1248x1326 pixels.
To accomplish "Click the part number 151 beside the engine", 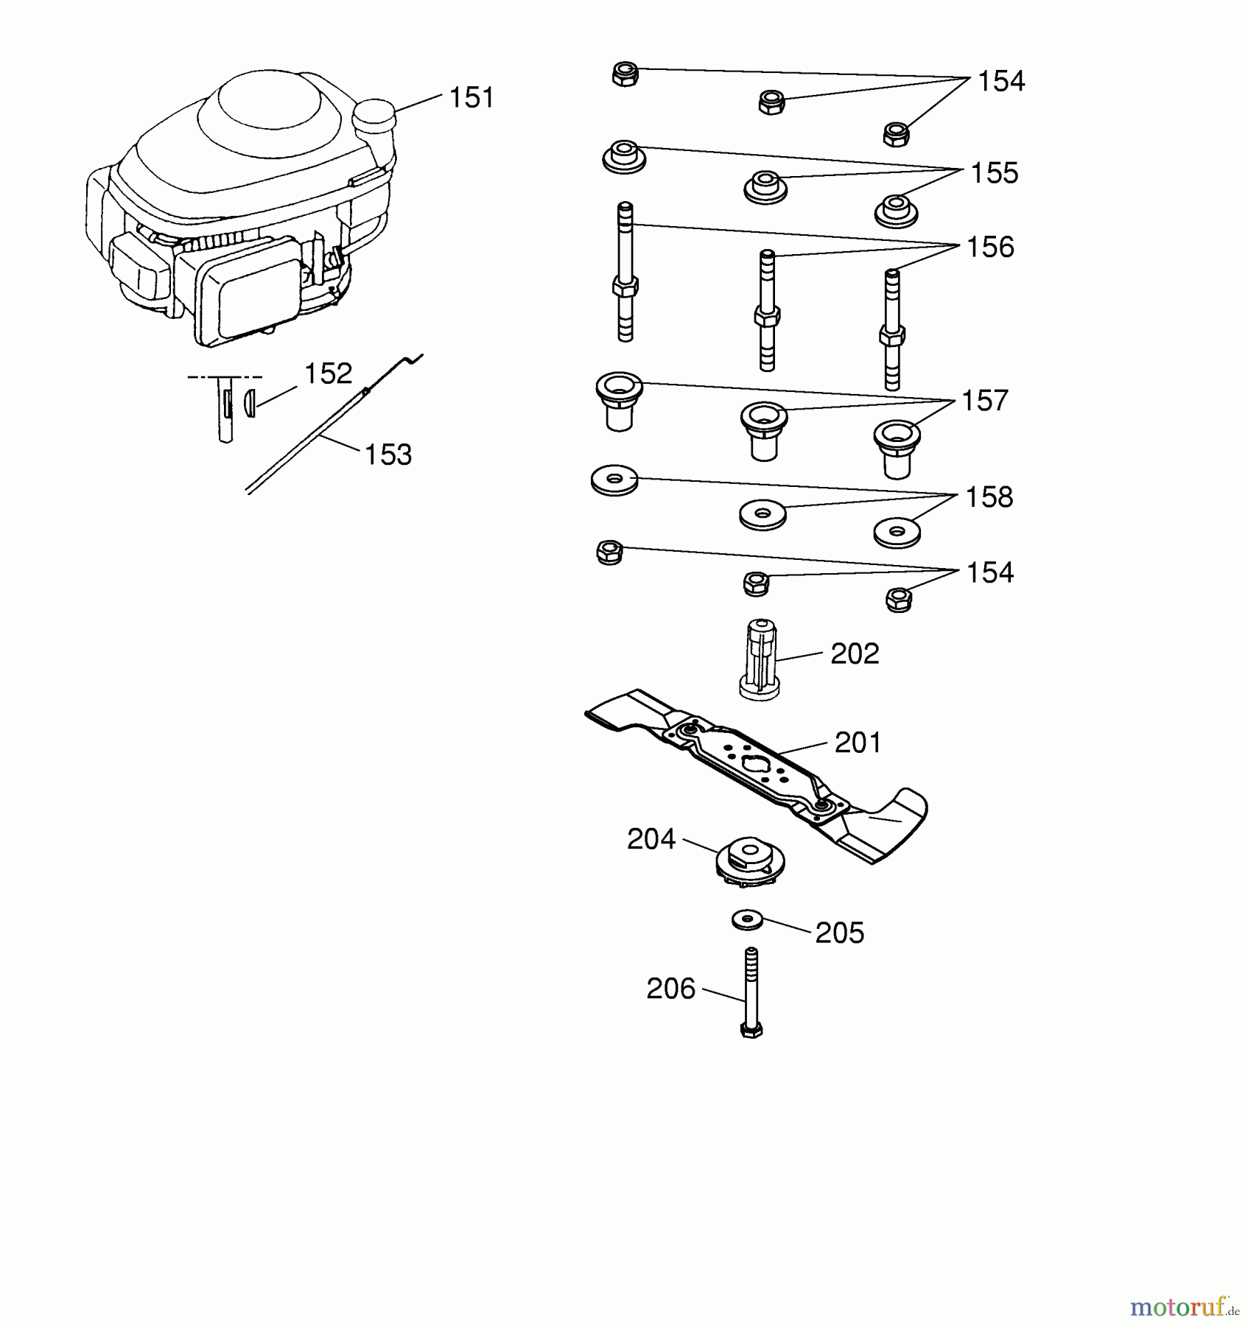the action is pos(471,97).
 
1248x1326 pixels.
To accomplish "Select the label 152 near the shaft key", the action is pos(328,373).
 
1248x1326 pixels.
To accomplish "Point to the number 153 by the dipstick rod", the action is pos(388,455).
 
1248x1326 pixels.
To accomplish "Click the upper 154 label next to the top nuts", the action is pos(1001,81).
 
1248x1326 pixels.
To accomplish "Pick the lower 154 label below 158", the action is pos(990,572).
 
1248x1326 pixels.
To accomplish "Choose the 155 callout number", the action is pos(995,173).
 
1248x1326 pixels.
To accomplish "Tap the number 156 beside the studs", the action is pos(990,247).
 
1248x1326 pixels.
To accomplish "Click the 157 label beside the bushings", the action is pos(985,401).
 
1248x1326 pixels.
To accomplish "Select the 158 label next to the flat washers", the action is pos(989,497).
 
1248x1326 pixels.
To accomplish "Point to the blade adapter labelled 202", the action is pos(760,659).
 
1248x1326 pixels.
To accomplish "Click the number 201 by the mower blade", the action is pos(858,743).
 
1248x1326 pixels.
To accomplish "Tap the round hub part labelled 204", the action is pos(751,861).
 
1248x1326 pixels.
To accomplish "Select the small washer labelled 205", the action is pos(749,920).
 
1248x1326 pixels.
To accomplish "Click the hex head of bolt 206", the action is pos(751,1030).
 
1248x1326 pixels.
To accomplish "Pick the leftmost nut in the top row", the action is pos(625,74).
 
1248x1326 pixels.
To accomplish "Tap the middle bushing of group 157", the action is pos(764,431).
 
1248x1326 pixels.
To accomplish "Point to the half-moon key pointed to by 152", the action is pos(250,402).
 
